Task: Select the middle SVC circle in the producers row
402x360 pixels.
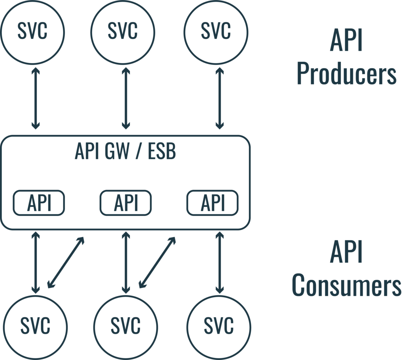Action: coord(122,31)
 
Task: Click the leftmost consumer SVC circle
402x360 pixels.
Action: coord(35,326)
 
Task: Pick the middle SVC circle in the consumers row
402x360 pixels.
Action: coord(126,326)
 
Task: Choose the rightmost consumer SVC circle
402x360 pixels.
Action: coord(219,326)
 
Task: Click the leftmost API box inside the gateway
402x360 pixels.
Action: coord(39,203)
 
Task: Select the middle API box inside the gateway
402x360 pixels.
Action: coord(126,203)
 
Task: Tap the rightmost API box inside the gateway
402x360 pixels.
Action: coord(212,203)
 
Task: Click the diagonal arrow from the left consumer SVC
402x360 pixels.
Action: coord(66,261)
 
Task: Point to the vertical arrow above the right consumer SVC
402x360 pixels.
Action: coord(219,262)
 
